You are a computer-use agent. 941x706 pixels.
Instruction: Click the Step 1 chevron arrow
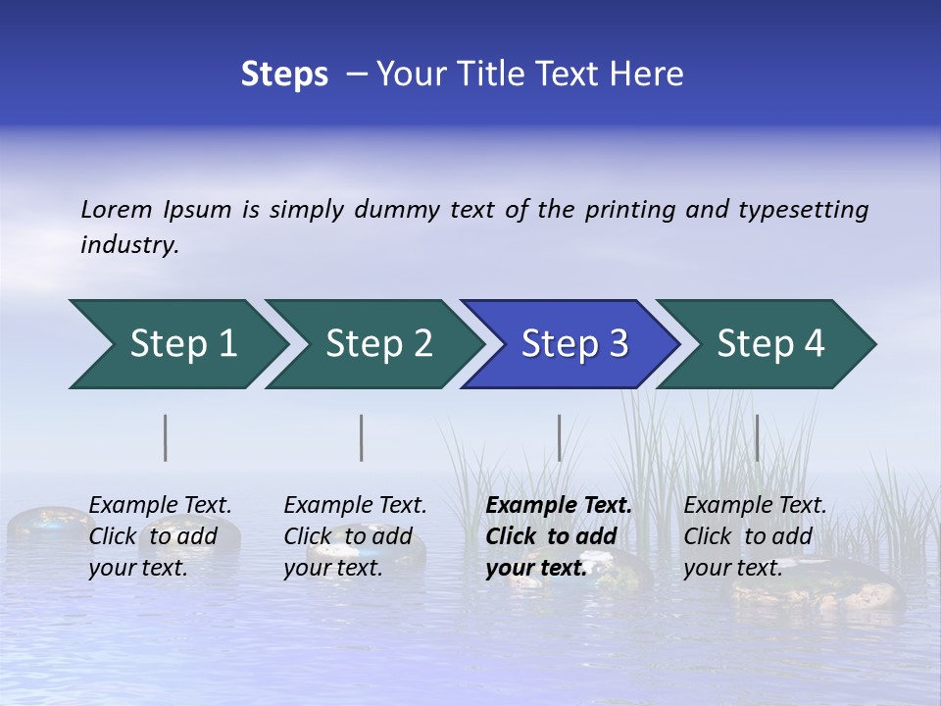click(181, 344)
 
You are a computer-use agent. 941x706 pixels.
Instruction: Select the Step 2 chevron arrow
click(377, 344)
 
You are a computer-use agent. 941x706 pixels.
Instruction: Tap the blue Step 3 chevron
click(573, 344)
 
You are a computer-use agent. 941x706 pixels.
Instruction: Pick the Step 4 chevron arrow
click(769, 344)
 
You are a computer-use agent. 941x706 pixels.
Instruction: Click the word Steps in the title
click(284, 75)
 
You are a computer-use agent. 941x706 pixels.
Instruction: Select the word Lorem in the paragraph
click(117, 210)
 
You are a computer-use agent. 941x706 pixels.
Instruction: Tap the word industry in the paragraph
click(128, 245)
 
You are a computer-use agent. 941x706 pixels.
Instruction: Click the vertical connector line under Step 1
click(166, 437)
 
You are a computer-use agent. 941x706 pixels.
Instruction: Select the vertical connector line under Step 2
click(362, 437)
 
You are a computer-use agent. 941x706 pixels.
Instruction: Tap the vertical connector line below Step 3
click(559, 437)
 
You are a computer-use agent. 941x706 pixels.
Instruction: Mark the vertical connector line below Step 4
click(757, 437)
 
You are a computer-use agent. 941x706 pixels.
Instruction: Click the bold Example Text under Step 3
click(559, 506)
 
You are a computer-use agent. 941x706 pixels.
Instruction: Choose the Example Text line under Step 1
click(160, 506)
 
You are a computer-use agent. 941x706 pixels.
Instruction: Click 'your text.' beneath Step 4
click(732, 568)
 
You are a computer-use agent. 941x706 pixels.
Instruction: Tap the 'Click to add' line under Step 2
click(348, 537)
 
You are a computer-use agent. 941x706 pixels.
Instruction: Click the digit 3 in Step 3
click(618, 344)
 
